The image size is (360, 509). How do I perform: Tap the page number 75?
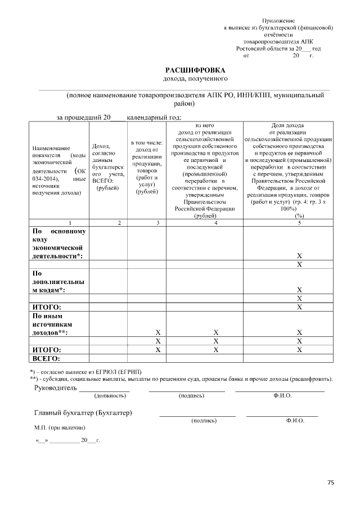(331, 482)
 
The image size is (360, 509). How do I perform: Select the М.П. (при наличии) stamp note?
(55, 427)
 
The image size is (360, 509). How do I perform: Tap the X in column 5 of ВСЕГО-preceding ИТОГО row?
(299, 349)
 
